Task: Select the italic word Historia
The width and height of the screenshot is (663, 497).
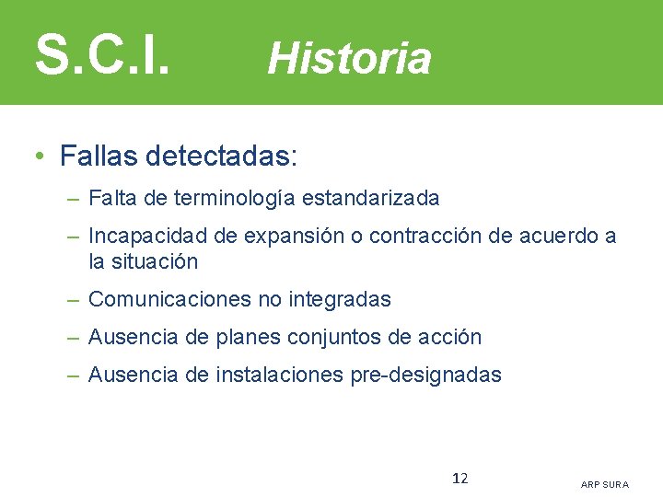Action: tap(349, 59)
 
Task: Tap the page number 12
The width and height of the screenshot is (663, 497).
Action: tap(460, 478)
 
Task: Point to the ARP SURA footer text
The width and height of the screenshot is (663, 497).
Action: tap(605, 484)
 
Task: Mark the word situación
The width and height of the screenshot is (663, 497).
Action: tap(155, 261)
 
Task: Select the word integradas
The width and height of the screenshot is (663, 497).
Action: tap(340, 299)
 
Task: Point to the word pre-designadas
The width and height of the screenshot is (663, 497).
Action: tap(426, 375)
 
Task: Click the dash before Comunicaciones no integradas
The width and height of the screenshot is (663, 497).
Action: tap(74, 299)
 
